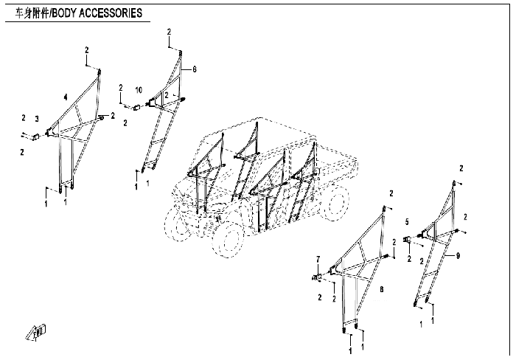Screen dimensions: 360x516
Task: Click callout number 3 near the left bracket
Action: (x=36, y=118)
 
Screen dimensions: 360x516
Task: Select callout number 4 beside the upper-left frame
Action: (x=65, y=97)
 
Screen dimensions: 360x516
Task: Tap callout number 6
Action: (x=195, y=69)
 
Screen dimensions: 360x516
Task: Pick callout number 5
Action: (x=406, y=221)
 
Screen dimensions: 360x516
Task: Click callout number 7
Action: (x=318, y=258)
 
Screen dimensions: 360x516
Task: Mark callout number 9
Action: (x=458, y=255)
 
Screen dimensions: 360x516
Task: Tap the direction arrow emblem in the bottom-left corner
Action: (x=35, y=332)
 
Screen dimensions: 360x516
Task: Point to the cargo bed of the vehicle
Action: (x=335, y=159)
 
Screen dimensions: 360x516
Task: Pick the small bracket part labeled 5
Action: (x=408, y=240)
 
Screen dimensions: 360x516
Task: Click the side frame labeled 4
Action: (x=74, y=133)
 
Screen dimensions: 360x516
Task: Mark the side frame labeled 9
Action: (x=439, y=243)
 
